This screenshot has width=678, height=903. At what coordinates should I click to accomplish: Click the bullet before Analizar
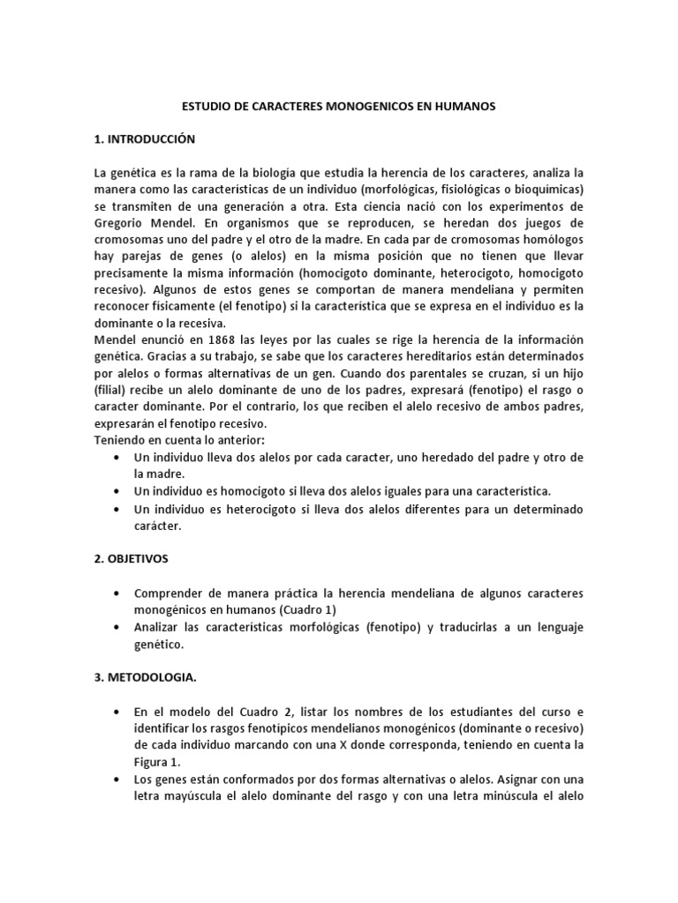point(118,627)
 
